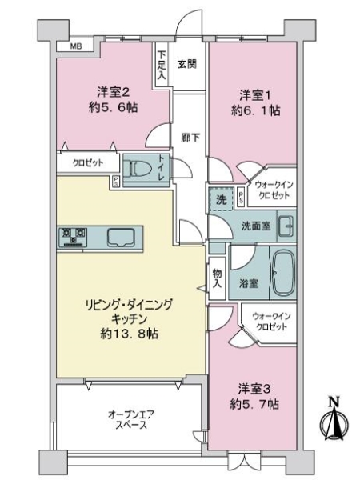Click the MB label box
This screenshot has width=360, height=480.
(75, 46)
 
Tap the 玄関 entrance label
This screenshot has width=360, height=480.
(188, 63)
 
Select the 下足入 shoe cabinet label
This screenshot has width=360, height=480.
(162, 65)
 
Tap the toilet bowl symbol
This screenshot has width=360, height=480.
(141, 169)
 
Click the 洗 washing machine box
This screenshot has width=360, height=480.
(220, 200)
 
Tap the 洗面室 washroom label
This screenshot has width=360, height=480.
(255, 226)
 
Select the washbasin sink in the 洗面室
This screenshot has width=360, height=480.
(286, 225)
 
